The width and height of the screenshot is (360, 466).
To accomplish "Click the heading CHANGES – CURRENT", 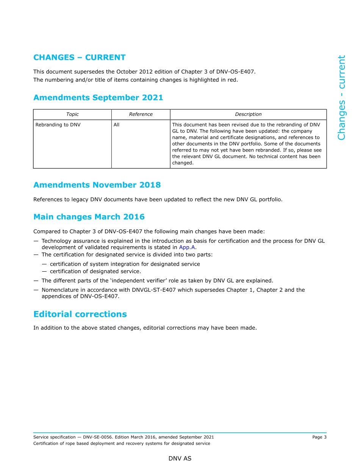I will (x=79, y=58).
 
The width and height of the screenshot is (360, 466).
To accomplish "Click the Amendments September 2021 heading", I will (x=98, y=98).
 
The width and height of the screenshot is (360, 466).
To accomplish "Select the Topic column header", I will (x=72, y=114).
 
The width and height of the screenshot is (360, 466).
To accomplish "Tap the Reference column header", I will (x=141, y=114).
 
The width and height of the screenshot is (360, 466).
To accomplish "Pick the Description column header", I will (x=248, y=114).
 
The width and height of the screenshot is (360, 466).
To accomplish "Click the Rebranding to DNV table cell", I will (x=58, y=125).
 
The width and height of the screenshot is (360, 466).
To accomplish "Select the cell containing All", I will (x=116, y=125).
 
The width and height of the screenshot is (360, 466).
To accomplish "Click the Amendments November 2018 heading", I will (x=97, y=185).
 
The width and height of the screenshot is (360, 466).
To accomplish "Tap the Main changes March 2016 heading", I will (x=89, y=217).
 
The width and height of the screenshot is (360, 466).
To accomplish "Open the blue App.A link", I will (x=187, y=247).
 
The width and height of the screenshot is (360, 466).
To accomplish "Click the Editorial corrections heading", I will (x=80, y=314).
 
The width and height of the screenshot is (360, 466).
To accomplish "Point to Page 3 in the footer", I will (x=319, y=437).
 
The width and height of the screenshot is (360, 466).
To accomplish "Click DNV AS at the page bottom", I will (x=180, y=458).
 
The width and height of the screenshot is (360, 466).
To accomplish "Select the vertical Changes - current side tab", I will (x=341, y=98).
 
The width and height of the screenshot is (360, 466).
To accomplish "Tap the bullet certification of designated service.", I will (x=95, y=272).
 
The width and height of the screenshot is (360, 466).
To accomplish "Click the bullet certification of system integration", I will (x=125, y=264).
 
